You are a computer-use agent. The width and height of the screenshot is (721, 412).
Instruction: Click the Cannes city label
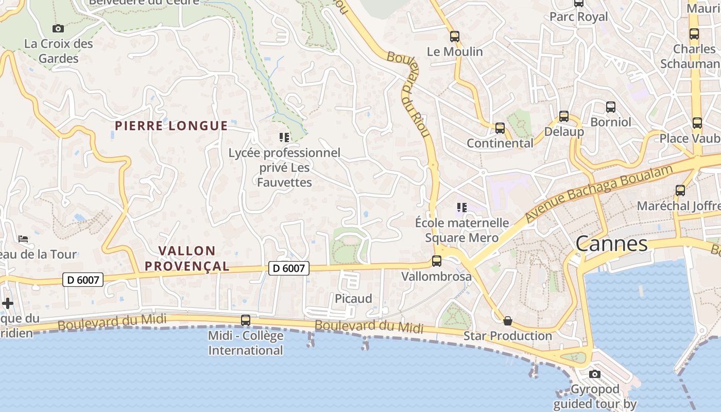[x=611, y=244]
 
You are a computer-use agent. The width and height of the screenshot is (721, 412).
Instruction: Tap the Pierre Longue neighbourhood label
[x=171, y=126]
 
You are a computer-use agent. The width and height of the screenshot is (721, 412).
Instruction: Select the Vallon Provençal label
[x=186, y=259]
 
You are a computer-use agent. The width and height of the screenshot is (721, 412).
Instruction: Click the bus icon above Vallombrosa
[x=437, y=261]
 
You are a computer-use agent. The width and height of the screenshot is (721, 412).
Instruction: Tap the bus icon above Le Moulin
[x=454, y=37]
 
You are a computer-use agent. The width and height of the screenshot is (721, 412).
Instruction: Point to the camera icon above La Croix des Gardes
[x=58, y=28]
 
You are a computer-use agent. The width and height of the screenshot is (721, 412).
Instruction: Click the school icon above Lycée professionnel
[x=284, y=137]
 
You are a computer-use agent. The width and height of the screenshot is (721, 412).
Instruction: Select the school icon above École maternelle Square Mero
[x=461, y=208]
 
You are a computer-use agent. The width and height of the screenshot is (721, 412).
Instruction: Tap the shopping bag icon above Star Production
[x=508, y=321]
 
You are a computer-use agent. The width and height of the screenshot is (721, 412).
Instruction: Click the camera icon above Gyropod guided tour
[x=595, y=374]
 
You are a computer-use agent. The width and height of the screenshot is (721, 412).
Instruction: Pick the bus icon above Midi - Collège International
[x=246, y=320]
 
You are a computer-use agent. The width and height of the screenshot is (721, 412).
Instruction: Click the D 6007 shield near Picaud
[x=289, y=268]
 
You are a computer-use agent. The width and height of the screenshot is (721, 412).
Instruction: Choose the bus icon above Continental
[x=500, y=128]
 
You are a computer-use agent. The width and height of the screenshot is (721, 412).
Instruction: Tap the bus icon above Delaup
[x=564, y=116]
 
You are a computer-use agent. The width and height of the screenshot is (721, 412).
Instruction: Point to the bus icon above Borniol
[x=611, y=107]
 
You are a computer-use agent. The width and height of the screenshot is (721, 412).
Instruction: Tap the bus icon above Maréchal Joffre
[x=680, y=191]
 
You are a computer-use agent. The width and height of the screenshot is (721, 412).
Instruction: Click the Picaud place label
[x=353, y=299]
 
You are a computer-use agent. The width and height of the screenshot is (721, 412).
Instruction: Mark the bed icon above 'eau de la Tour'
[x=23, y=239]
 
